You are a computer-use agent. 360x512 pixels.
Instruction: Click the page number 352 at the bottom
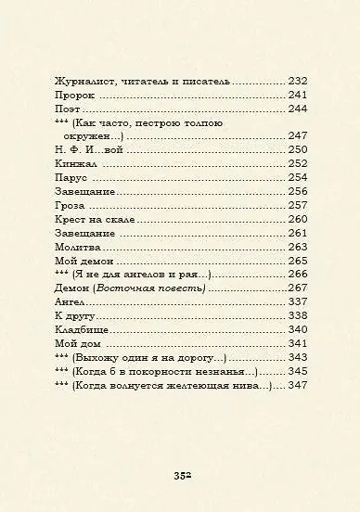181,476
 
